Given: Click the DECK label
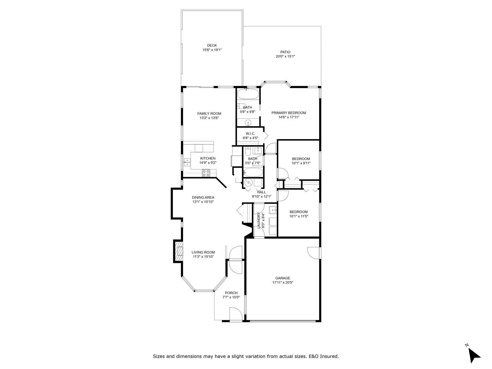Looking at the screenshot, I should pos(212,46).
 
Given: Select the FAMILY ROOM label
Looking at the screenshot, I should pos(209,113).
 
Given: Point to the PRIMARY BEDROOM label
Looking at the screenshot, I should pos(289,113).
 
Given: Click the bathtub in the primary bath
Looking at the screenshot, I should pos(248,94).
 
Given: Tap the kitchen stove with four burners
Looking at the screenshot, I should pos(206,173).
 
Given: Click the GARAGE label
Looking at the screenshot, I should pos(282,278).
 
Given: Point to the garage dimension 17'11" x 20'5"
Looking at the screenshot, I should pos(282,282).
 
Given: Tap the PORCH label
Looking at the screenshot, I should pos(231,293).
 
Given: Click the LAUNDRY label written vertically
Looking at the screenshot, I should pos(259,220).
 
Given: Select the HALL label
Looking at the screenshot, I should pos(261,192).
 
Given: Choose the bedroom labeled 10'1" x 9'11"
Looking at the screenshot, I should pos(301,161).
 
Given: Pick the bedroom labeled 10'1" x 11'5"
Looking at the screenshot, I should pos(298,214).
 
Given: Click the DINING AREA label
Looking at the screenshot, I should pos(203,197).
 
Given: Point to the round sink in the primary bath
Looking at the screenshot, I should pos(249,123).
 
